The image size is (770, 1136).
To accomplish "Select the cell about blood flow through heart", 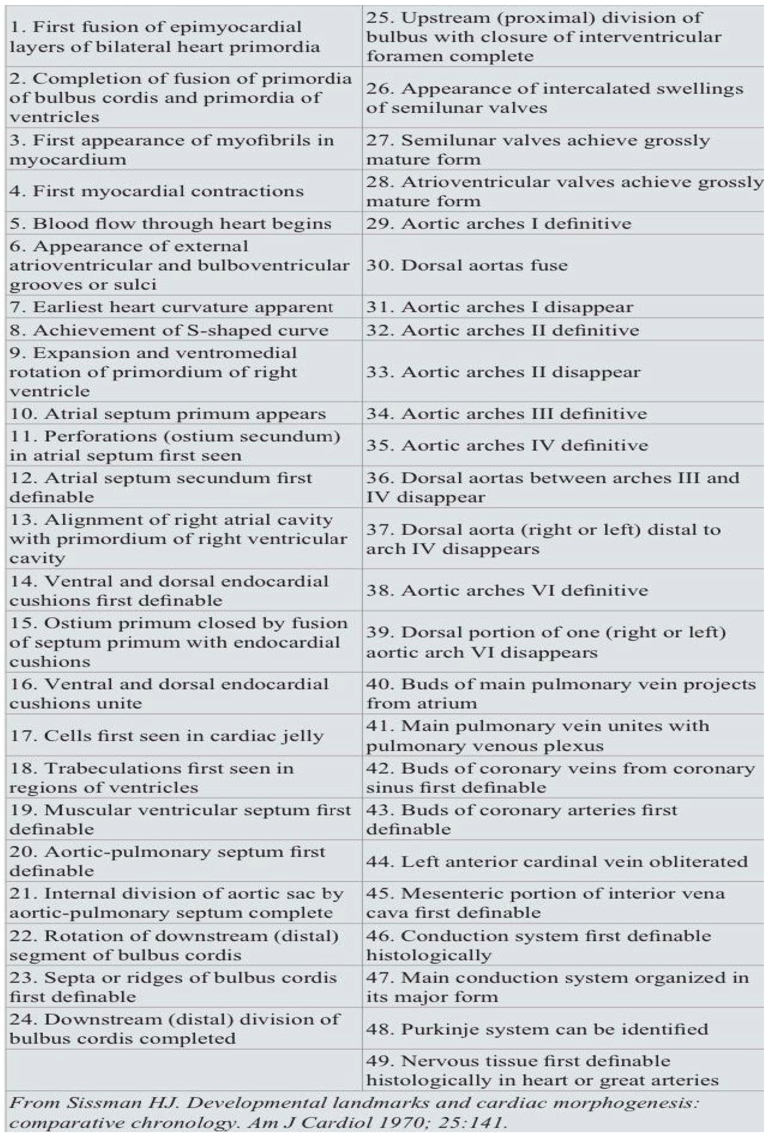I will [170, 223].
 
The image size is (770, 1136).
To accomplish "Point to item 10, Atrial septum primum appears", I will [167, 414].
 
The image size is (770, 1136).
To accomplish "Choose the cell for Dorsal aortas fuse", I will [467, 265].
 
